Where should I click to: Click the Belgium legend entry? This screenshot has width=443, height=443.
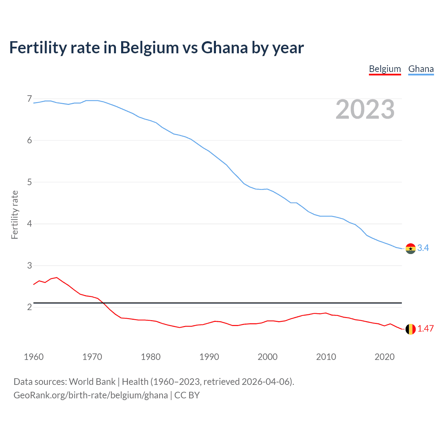385,69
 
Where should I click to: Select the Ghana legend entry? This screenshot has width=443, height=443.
421,69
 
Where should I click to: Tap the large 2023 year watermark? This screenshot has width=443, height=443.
365,109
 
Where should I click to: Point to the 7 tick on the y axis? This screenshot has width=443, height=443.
29,99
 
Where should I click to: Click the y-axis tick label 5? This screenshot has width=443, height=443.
29,182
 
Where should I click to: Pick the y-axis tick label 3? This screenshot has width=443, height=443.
29,265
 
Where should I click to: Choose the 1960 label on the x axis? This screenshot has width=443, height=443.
34,357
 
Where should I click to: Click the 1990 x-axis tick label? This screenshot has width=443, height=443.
209,357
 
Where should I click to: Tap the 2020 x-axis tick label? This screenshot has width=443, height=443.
385,357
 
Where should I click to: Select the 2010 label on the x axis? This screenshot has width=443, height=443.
326,357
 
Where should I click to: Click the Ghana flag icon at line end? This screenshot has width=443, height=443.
410,248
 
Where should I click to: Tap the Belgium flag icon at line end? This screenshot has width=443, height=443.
410,329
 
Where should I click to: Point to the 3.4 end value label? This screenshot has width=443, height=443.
423,248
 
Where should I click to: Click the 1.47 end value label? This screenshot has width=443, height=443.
425,328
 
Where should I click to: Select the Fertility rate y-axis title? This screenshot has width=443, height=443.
15,215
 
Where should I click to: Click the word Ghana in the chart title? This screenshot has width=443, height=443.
224,47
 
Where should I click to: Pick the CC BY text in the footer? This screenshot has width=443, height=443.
187,395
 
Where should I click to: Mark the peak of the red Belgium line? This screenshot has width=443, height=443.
57,277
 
